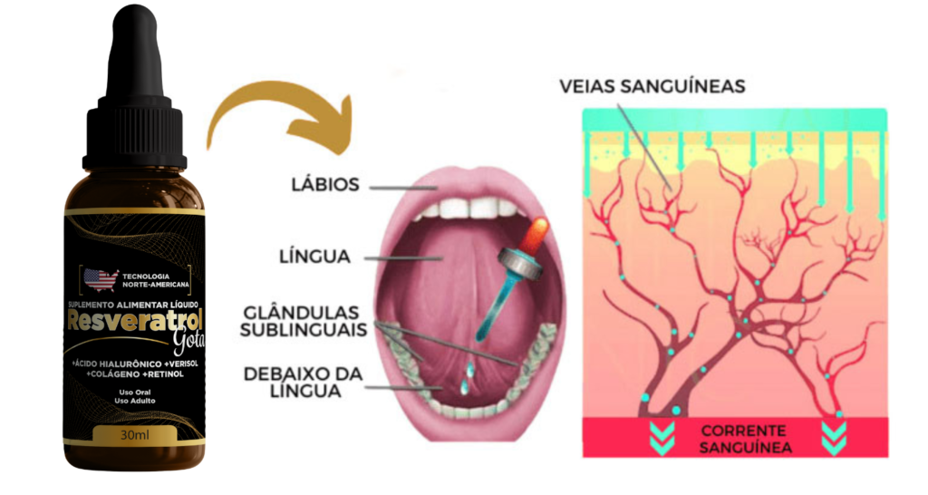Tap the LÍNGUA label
coord(314,257)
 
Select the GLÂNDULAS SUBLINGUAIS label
coord(303,322)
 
